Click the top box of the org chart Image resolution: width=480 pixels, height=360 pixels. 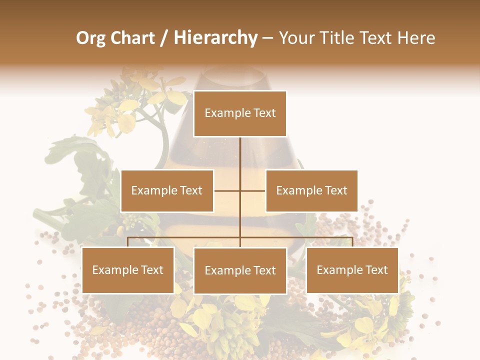coord(240,113)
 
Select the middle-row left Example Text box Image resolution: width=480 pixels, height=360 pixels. coord(167,190)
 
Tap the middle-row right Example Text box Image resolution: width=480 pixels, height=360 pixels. coord(311,190)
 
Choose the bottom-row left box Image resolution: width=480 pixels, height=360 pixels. coord(128,270)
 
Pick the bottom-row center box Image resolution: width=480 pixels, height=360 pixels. coord(240,270)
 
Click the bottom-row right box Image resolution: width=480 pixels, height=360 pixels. coord(352,270)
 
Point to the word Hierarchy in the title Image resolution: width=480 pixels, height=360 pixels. coord(215,38)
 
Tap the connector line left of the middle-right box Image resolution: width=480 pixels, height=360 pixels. coord(253,190)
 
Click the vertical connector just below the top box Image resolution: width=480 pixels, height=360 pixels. coord(240,150)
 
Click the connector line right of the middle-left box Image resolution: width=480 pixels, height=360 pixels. coord(226,190)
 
